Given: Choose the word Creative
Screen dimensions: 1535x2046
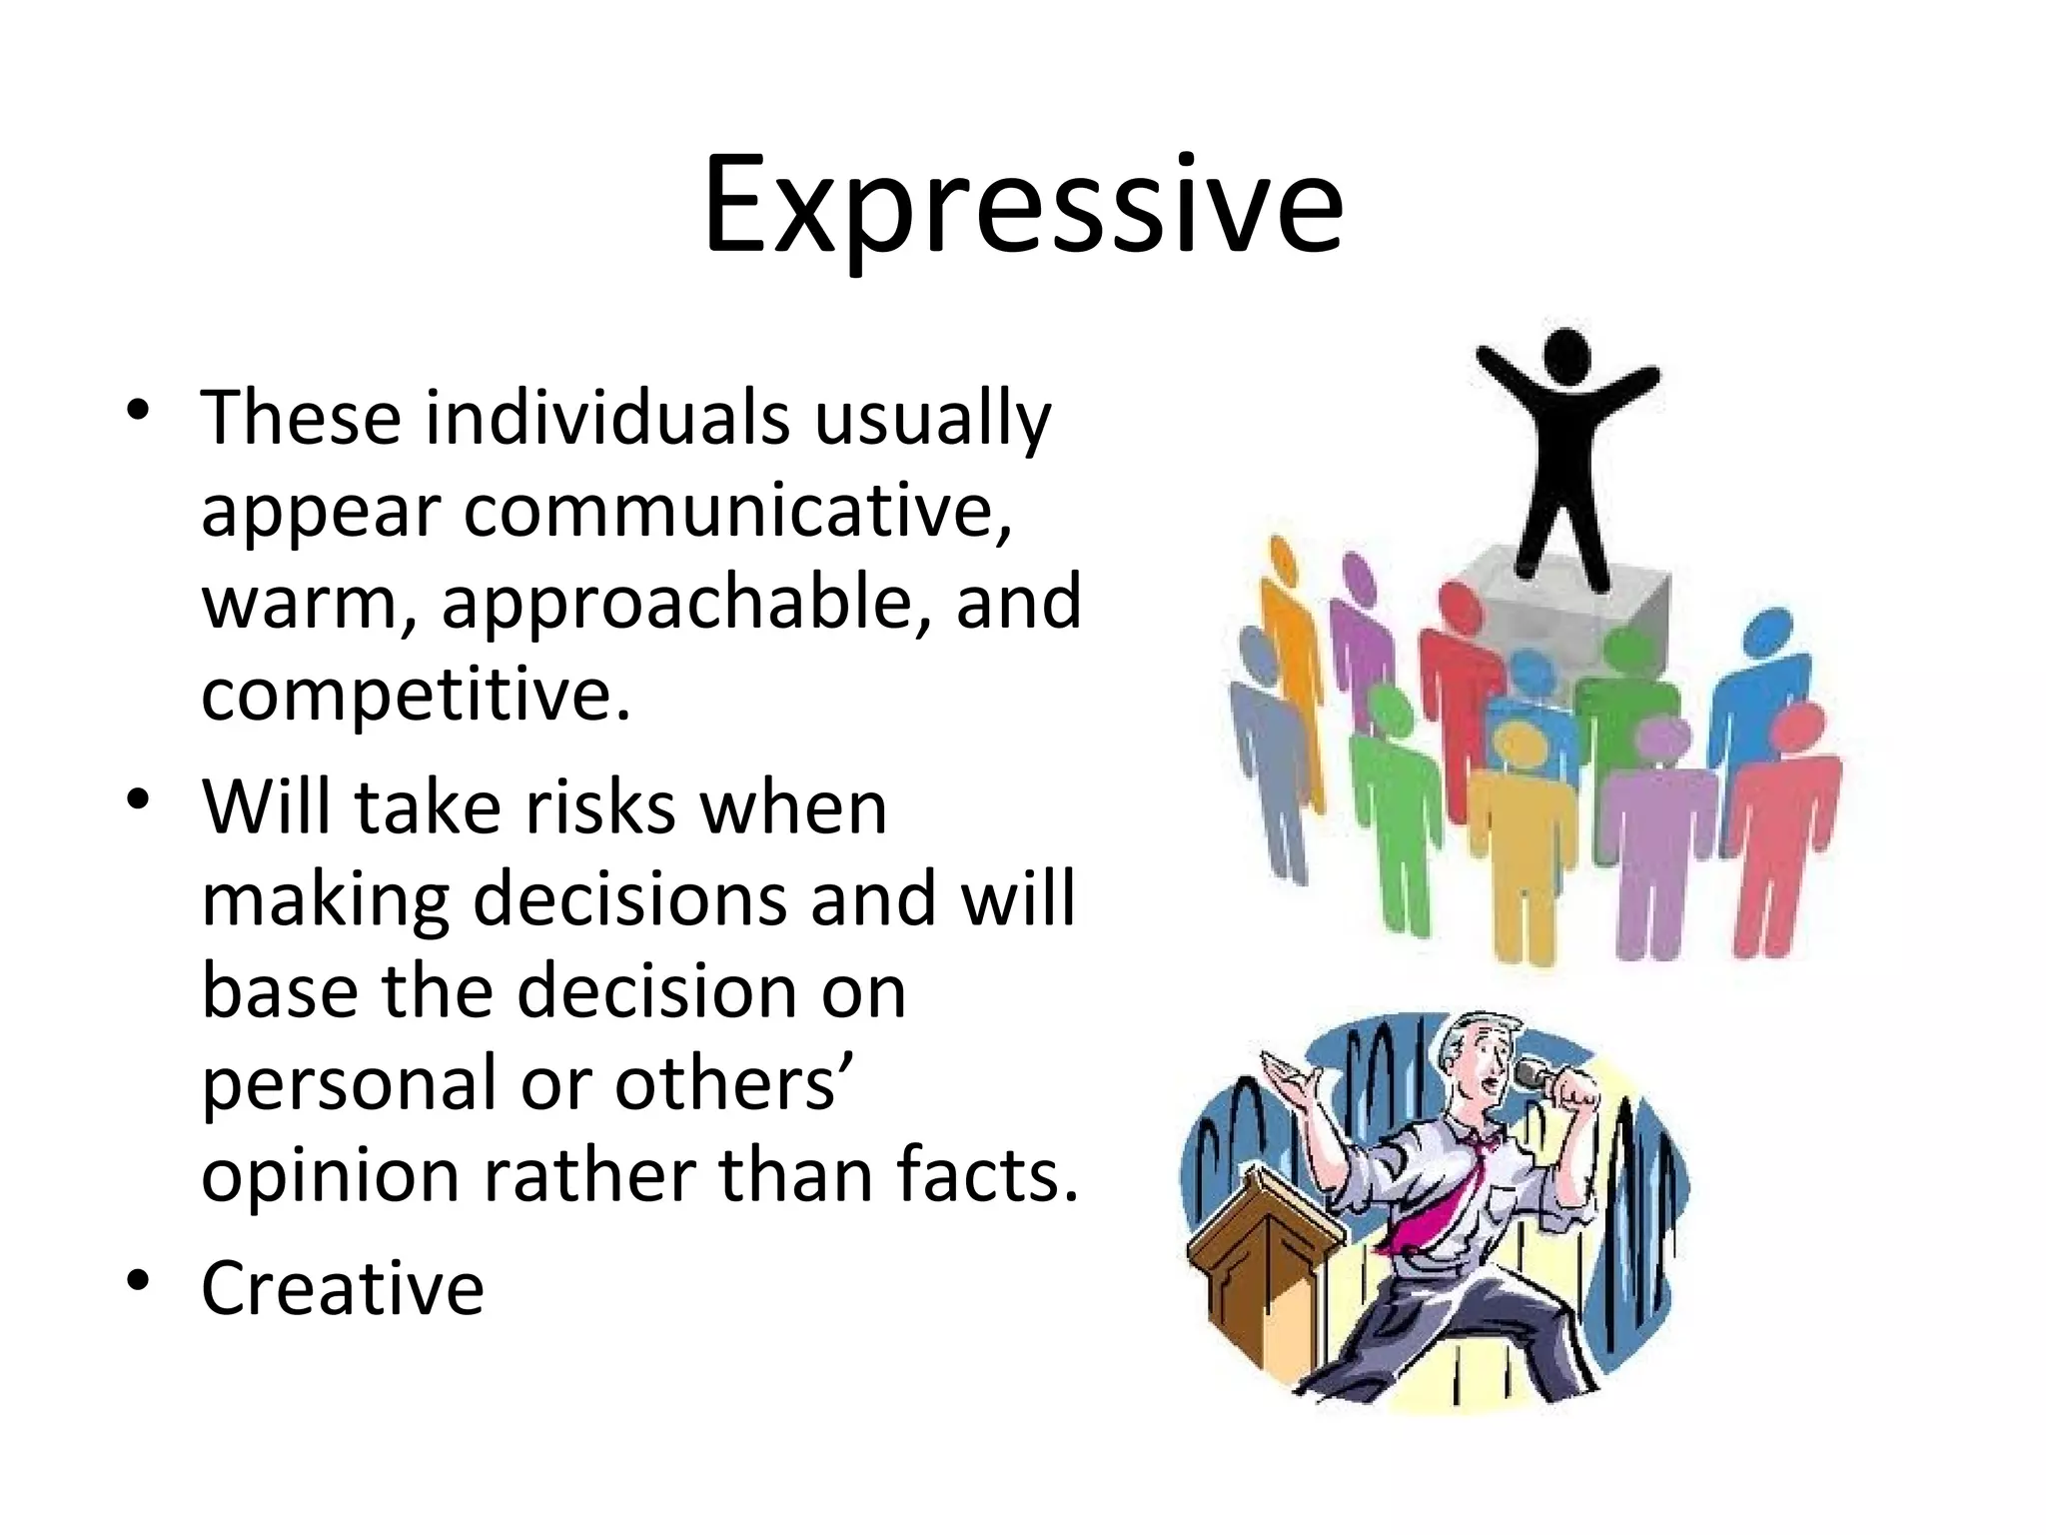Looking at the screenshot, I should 343,1288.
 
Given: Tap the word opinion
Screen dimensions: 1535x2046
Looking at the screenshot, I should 331,1176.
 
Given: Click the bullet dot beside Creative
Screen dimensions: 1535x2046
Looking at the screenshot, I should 138,1280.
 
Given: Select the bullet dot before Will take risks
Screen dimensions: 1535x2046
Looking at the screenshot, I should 138,799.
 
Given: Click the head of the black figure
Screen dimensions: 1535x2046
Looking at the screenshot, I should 1565,354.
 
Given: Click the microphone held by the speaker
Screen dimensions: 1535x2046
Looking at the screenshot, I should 1534,1075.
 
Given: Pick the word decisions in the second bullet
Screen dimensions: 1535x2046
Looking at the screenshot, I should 629,899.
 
